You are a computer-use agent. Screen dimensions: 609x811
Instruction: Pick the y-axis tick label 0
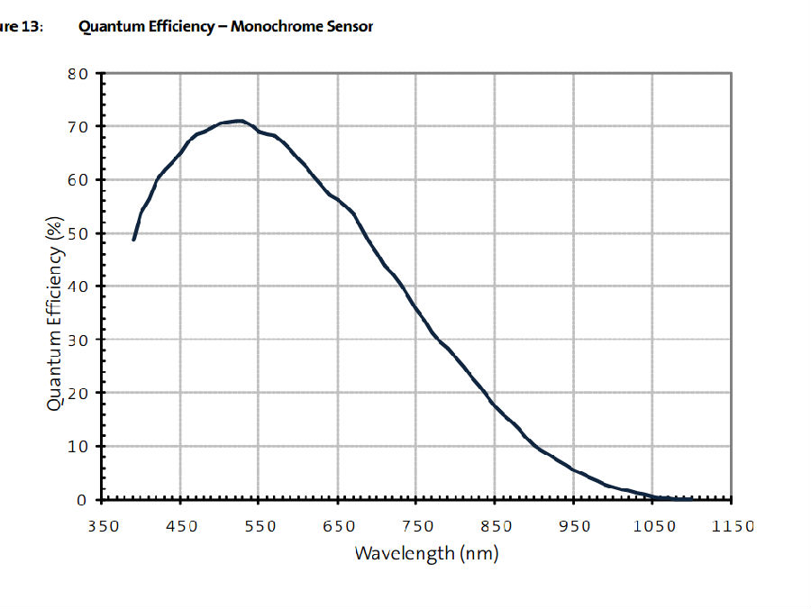83,499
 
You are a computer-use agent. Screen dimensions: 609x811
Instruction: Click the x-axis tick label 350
104,526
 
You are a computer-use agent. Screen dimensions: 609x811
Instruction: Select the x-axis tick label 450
181,526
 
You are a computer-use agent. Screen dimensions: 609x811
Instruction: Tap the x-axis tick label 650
338,526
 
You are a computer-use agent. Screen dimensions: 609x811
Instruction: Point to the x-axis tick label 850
495,526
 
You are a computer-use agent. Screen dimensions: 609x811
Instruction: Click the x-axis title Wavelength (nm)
425,553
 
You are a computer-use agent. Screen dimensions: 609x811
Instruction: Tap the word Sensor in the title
349,26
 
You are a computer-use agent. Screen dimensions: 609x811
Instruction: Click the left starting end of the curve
133,240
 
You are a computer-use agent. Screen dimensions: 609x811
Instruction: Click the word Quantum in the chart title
113,26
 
